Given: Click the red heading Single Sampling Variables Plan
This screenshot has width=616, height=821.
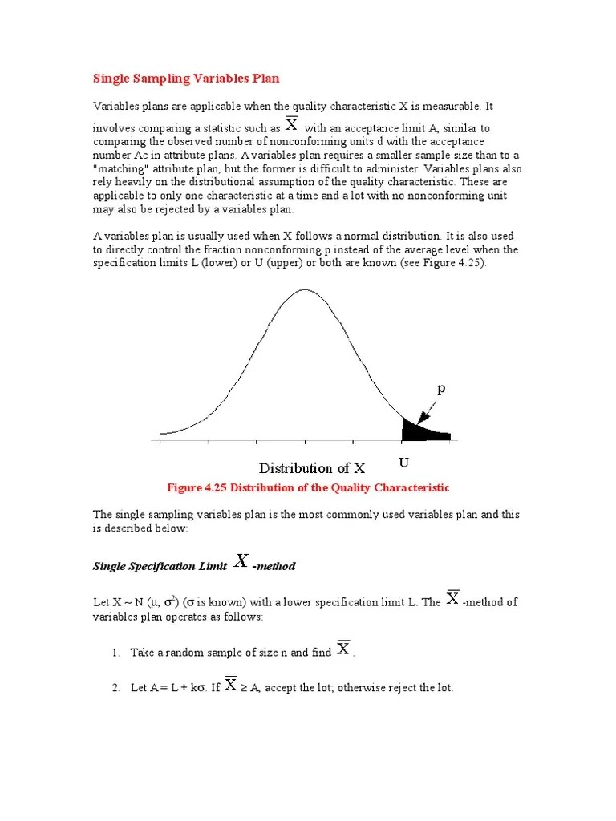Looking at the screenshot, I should pyautogui.click(x=186, y=79).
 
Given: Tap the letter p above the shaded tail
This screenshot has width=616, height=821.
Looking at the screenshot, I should pyautogui.click(x=440, y=389).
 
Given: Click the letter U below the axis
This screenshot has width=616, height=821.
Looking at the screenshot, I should pyautogui.click(x=403, y=463).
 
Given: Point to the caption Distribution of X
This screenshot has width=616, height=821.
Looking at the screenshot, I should pyautogui.click(x=311, y=468).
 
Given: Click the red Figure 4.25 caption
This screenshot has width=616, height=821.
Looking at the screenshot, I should pyautogui.click(x=308, y=487).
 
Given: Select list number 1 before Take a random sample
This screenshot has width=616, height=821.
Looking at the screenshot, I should pyautogui.click(x=115, y=653).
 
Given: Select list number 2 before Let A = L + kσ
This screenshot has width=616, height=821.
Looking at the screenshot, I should pyautogui.click(x=115, y=688).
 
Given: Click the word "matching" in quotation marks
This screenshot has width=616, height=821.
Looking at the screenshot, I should pyautogui.click(x=120, y=168).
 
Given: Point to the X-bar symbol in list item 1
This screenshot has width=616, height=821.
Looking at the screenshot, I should pyautogui.click(x=343, y=649).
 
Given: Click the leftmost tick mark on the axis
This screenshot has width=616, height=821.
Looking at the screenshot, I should pyautogui.click(x=160, y=441).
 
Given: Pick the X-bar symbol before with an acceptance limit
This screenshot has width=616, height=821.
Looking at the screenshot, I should pyautogui.click(x=292, y=125).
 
